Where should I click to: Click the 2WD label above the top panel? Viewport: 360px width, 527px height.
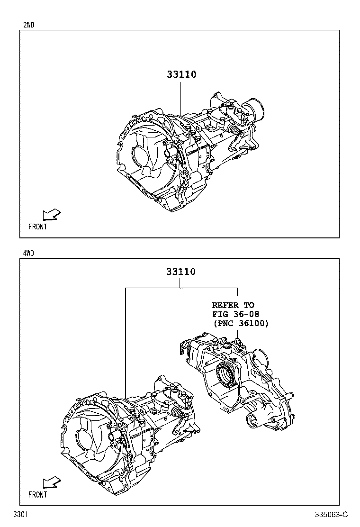pos(28,25)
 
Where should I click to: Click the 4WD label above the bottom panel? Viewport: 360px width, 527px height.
pos(28,254)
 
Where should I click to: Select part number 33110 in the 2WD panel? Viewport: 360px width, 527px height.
pos(182,74)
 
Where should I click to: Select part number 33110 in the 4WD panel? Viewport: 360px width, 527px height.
pos(181,271)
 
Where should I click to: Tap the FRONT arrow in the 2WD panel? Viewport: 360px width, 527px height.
pos(52,215)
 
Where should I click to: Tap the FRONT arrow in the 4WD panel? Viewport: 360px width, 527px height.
pos(52,482)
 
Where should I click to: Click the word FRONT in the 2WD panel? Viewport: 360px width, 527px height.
pos(37,227)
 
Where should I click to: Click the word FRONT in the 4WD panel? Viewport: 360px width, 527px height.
pos(37,495)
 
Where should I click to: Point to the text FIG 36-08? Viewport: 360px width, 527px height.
pos(235,314)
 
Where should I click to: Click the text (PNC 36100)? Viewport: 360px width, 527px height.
pos(241,323)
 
